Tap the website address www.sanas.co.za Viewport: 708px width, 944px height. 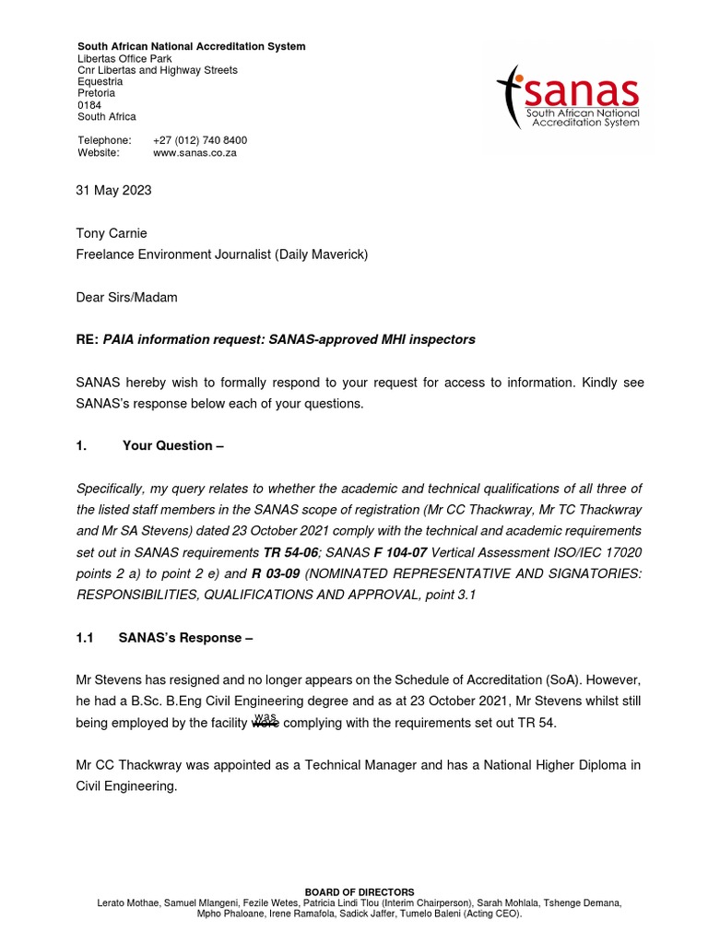point(195,153)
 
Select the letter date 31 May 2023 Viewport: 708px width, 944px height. point(113,191)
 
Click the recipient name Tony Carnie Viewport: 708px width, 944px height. point(112,233)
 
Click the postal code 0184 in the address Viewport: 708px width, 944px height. point(89,105)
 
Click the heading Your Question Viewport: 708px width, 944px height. point(173,446)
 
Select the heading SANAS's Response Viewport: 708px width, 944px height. point(185,637)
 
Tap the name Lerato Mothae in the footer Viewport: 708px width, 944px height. point(128,903)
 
